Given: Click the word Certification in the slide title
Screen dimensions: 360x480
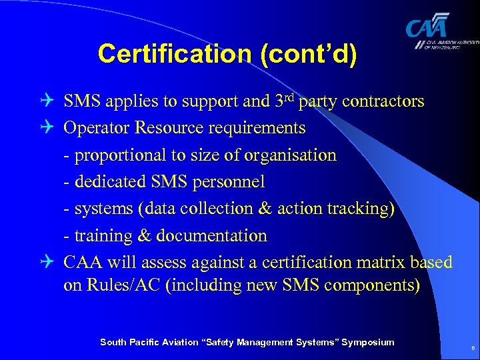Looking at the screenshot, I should (169, 54).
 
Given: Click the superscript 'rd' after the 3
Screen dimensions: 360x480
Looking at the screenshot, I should (292, 97).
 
